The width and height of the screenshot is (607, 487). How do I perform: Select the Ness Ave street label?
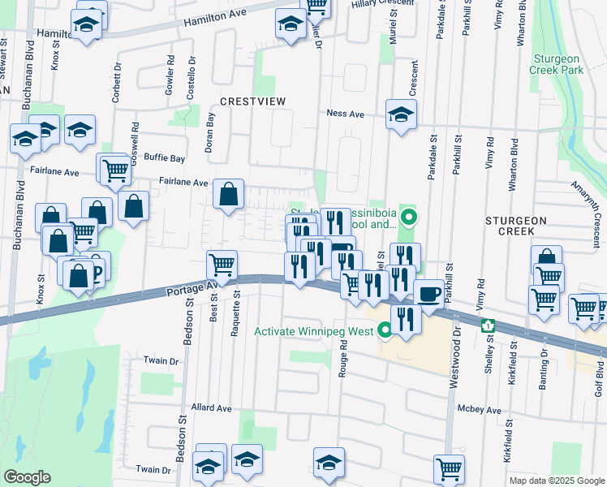[345, 114]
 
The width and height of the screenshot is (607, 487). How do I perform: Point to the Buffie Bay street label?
[165, 157]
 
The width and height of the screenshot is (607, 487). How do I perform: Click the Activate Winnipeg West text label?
[313, 331]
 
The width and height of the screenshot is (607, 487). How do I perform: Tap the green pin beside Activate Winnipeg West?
[385, 330]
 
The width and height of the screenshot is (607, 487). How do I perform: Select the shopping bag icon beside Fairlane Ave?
[230, 193]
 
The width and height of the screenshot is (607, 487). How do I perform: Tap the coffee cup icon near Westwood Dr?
[428, 293]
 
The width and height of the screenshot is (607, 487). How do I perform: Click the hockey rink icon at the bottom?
[329, 462]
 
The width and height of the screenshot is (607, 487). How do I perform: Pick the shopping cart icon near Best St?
[222, 265]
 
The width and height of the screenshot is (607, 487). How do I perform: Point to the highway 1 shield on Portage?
[488, 326]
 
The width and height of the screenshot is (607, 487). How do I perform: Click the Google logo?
[27, 477]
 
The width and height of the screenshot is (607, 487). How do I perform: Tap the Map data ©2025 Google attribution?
[556, 481]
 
